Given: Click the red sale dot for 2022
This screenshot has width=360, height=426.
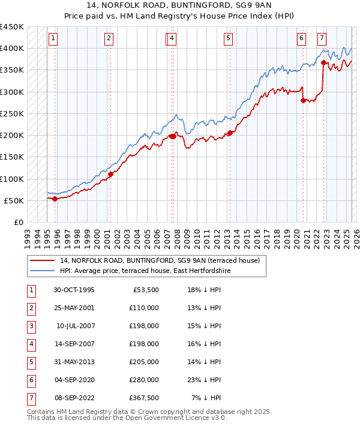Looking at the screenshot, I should (324, 62).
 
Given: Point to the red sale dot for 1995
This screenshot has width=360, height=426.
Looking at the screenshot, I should (55, 199).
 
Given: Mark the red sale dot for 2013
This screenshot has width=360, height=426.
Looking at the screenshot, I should (230, 133).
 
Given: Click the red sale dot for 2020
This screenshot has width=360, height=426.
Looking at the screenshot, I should (303, 100).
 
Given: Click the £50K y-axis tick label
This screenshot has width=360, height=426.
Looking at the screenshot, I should (14, 200).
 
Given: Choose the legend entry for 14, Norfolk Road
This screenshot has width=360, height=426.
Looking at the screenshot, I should (159, 261).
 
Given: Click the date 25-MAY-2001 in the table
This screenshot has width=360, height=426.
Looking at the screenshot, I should (74, 308).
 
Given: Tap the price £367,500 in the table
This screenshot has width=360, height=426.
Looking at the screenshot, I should (144, 398).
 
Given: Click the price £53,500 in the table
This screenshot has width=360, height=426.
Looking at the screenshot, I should (146, 290).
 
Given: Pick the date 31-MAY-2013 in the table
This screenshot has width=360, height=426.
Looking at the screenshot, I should (74, 362).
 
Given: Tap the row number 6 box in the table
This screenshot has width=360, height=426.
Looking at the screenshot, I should (31, 380).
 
